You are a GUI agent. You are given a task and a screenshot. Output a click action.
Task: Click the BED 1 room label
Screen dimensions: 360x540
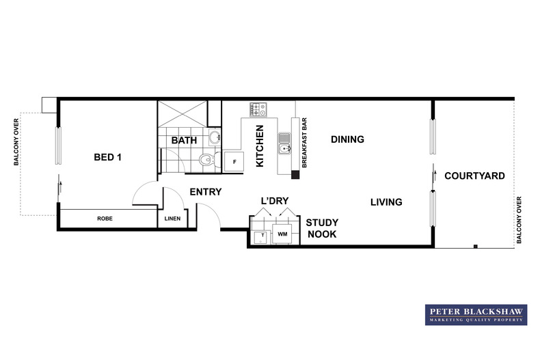click(107, 157)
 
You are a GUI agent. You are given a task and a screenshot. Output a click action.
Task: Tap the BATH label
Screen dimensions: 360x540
click(184, 140)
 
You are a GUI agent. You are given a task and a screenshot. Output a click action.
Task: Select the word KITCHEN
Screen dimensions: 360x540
click(260, 146)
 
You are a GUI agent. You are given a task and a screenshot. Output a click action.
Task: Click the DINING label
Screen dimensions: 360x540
click(347, 139)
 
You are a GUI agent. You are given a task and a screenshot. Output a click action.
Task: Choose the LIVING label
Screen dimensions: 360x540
click(386, 202)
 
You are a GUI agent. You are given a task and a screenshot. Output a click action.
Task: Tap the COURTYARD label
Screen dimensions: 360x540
click(474, 176)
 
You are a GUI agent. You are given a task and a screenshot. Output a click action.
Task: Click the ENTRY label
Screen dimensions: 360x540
click(206, 192)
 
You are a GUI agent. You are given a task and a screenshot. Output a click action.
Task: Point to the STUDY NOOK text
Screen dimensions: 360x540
click(321, 228)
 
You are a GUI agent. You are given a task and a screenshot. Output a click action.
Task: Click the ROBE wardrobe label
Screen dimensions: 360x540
click(105, 219)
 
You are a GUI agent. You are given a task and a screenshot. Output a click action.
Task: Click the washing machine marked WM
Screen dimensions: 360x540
click(283, 235)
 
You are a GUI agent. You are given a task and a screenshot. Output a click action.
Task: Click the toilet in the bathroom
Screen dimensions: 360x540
click(206, 161)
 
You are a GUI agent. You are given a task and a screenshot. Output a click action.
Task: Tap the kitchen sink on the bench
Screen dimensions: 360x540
click(284, 145)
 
